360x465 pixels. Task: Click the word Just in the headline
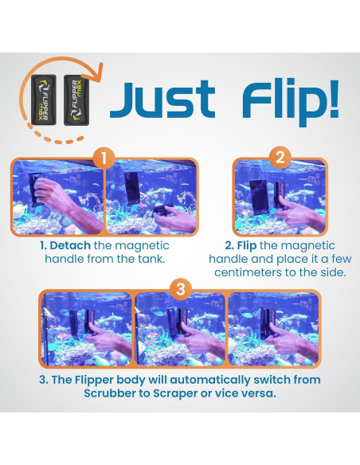(x=162, y=100)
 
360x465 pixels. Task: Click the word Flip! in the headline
(x=290, y=101)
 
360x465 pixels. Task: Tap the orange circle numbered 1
(x=104, y=159)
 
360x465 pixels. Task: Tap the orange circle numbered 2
(x=280, y=158)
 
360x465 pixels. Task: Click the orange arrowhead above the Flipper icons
(x=96, y=72)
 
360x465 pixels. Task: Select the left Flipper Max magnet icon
(x=44, y=100)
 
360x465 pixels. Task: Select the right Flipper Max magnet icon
(x=76, y=100)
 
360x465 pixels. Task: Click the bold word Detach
(x=70, y=245)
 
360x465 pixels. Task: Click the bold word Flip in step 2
(x=247, y=245)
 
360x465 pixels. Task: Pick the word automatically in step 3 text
(x=210, y=381)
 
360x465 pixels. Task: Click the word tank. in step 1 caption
(x=151, y=259)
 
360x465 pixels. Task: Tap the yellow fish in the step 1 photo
(x=20, y=210)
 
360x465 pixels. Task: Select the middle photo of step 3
(x=180, y=329)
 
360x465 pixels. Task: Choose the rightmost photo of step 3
(x=273, y=329)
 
